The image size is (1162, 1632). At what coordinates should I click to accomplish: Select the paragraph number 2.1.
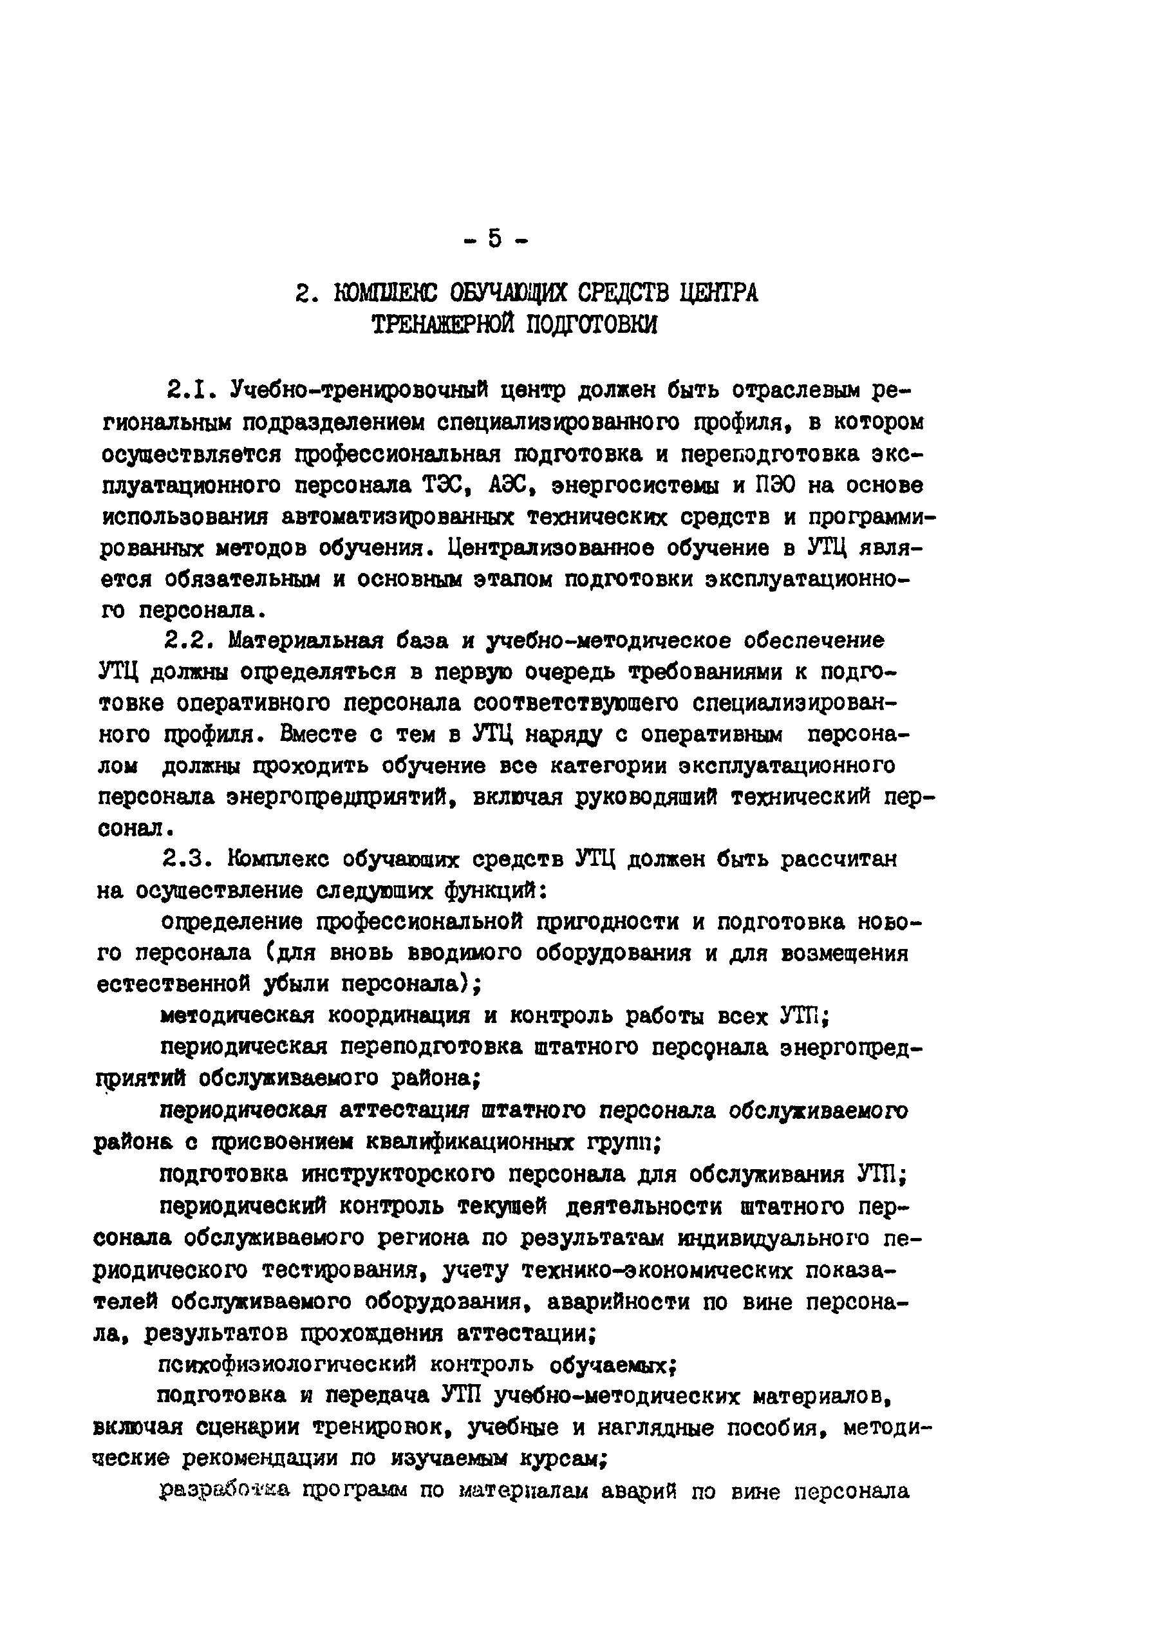coord(187,391)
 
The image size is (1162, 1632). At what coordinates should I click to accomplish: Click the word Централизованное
coord(550,548)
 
